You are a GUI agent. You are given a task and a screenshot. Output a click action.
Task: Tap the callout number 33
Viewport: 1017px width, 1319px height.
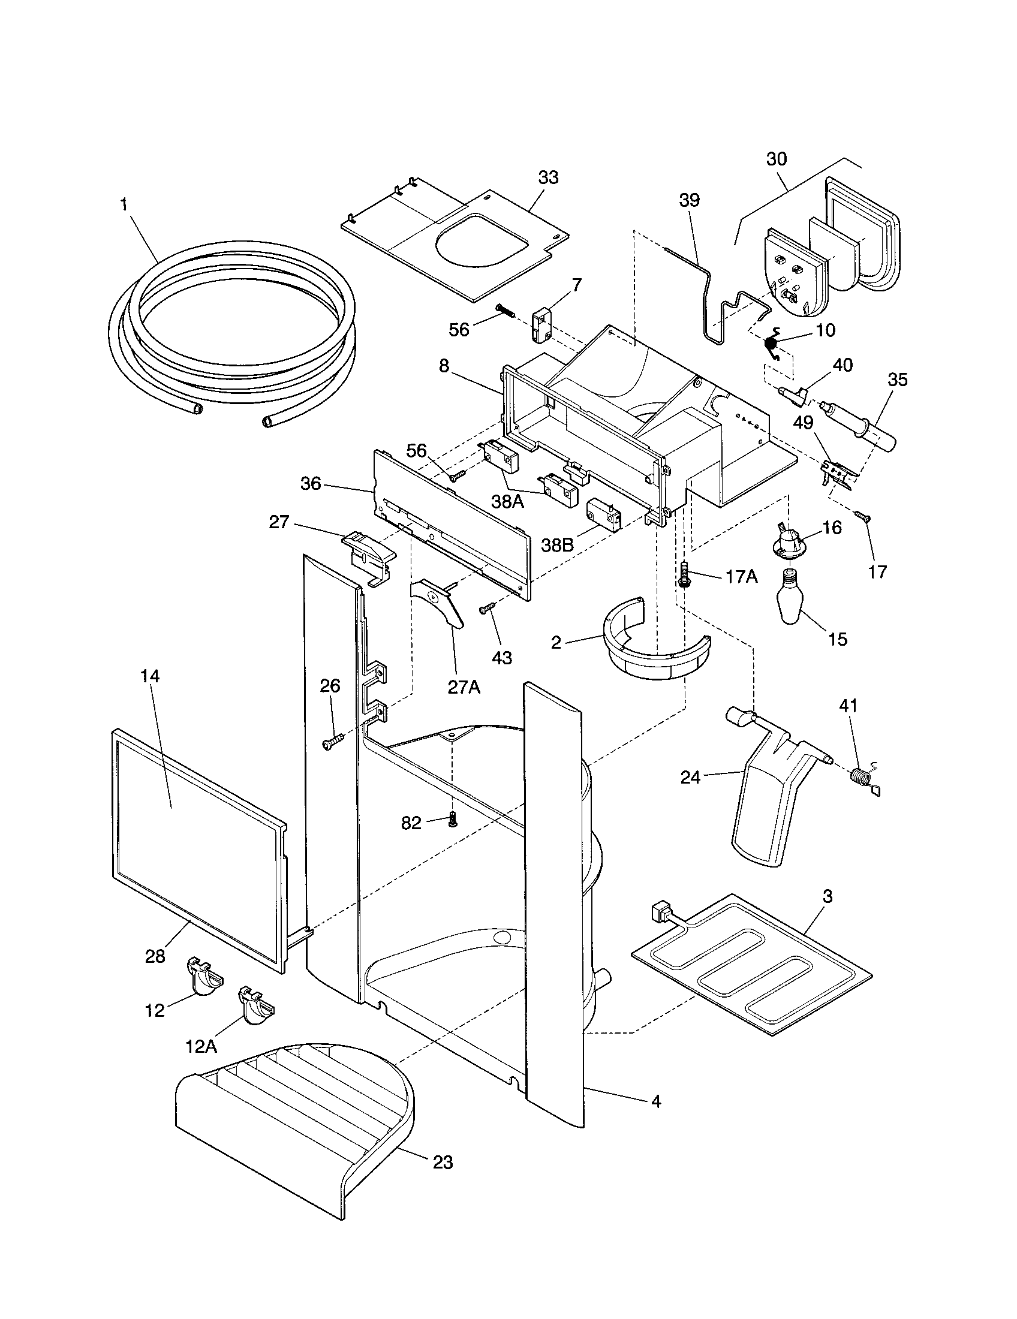[547, 178]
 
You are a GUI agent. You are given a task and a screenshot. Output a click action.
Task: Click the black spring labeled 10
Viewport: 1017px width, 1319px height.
[771, 344]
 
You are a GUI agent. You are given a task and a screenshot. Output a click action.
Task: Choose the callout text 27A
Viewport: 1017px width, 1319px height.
[464, 687]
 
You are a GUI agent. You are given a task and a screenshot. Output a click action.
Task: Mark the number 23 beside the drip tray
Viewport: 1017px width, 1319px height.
[443, 1161]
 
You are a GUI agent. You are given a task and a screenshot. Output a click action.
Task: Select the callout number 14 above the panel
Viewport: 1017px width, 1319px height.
[150, 676]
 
